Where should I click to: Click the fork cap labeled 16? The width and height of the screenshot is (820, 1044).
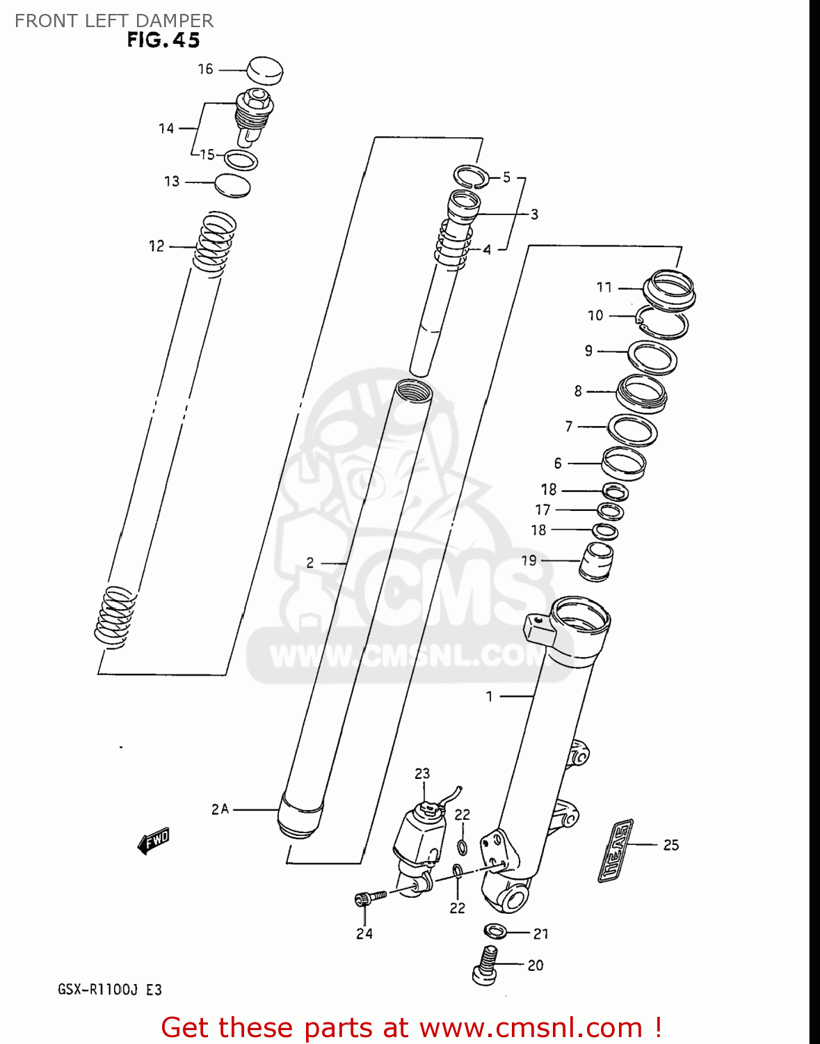[x=265, y=70]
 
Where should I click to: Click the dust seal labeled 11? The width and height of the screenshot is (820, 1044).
[x=669, y=287]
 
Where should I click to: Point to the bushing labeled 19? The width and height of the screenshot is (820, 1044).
[x=596, y=561]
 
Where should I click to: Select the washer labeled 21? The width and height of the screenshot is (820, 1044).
[x=495, y=931]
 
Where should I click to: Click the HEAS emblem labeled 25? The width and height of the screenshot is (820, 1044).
[x=616, y=851]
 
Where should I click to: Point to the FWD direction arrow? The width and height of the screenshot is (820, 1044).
[x=153, y=841]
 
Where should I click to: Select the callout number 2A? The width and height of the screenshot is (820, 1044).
[x=220, y=809]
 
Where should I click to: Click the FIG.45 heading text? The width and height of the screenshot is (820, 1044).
[x=163, y=40]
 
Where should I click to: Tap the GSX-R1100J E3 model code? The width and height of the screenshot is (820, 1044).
[x=109, y=989]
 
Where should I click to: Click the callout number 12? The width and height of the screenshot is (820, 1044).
[x=156, y=246]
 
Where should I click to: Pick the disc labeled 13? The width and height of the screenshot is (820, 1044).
[x=232, y=185]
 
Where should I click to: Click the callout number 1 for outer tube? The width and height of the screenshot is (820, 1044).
[x=489, y=696]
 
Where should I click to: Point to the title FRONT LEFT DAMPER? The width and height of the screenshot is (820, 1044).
[x=114, y=20]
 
